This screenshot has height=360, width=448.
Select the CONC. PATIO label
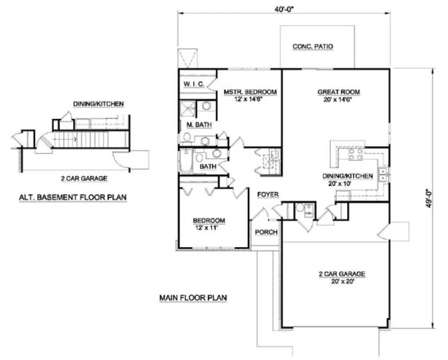pos(312,47)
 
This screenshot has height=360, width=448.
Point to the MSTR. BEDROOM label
pos(250,92)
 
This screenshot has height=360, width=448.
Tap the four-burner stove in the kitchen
pos(355,154)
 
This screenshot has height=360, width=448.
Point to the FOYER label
pos(267,194)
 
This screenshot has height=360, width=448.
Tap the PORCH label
pos(266,232)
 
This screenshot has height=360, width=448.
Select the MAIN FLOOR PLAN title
pos(193,298)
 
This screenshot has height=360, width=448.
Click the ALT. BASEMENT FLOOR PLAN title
pos(68,197)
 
